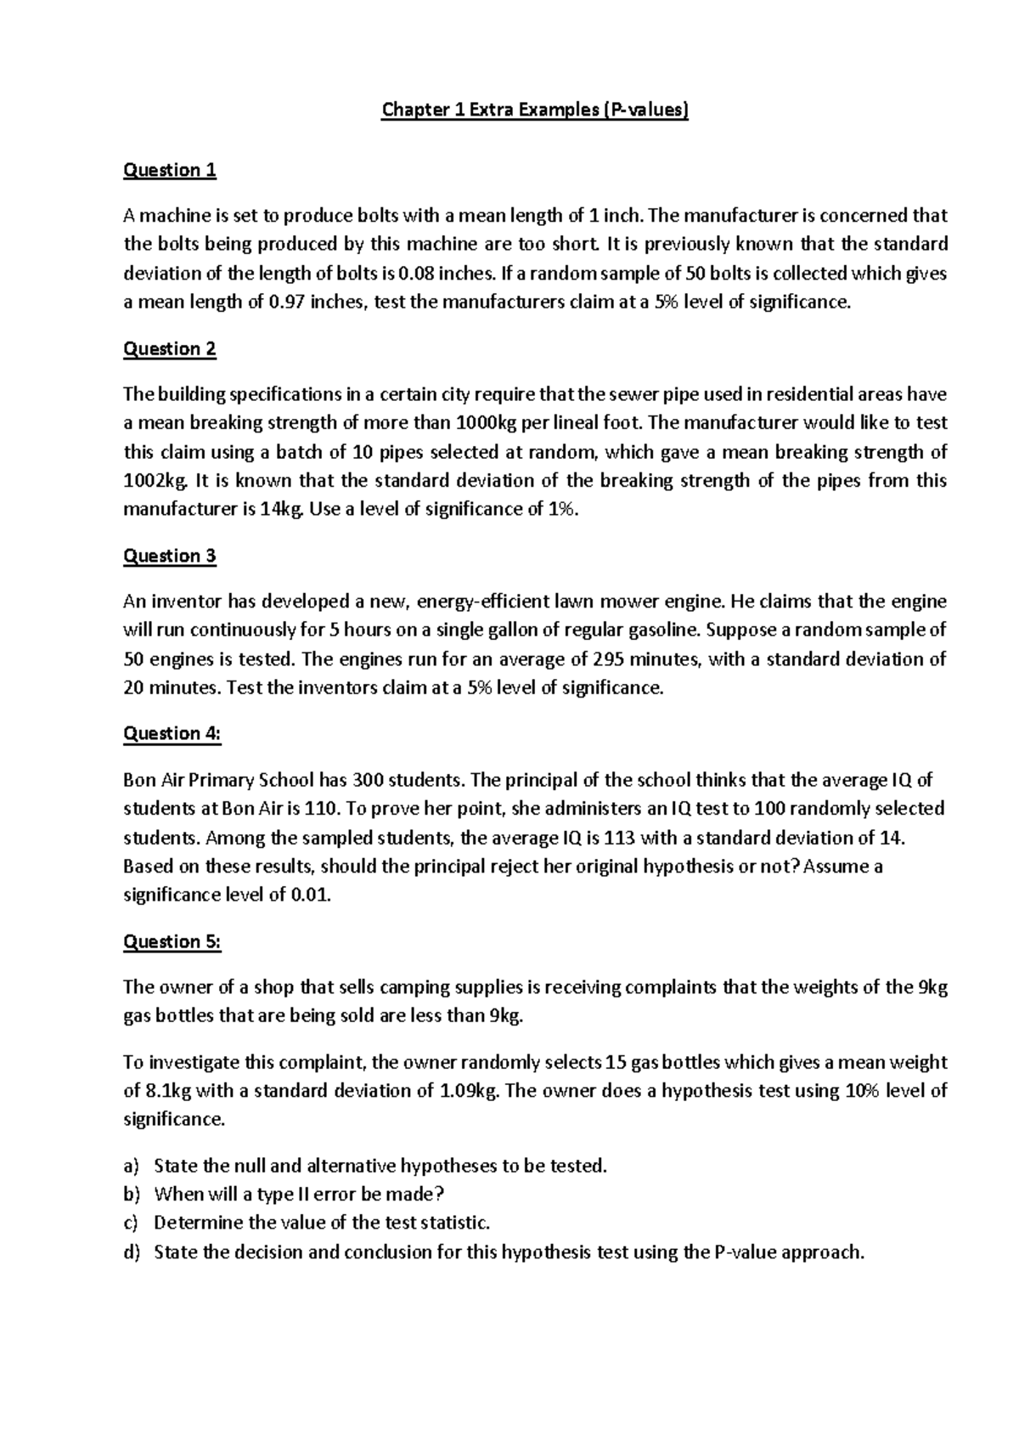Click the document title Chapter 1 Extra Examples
click(535, 110)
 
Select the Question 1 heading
click(170, 170)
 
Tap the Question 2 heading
click(170, 348)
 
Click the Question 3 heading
click(170, 556)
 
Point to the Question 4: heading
click(172, 733)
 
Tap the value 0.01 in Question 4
click(310, 896)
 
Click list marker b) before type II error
click(131, 1194)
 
